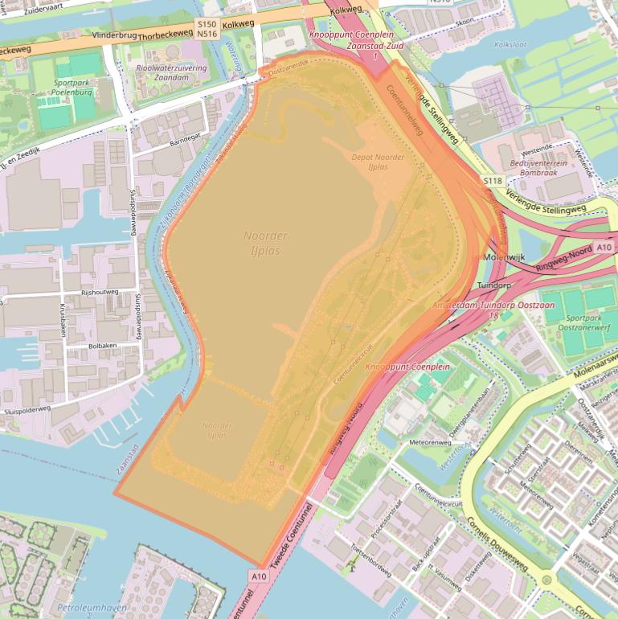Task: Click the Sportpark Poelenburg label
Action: click(x=72, y=87)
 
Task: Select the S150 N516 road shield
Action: click(x=207, y=29)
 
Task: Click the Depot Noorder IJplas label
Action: click(x=378, y=162)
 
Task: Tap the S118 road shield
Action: click(x=493, y=181)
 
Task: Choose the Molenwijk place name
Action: click(x=505, y=256)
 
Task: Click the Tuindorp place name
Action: click(x=494, y=285)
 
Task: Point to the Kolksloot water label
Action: click(x=514, y=45)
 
